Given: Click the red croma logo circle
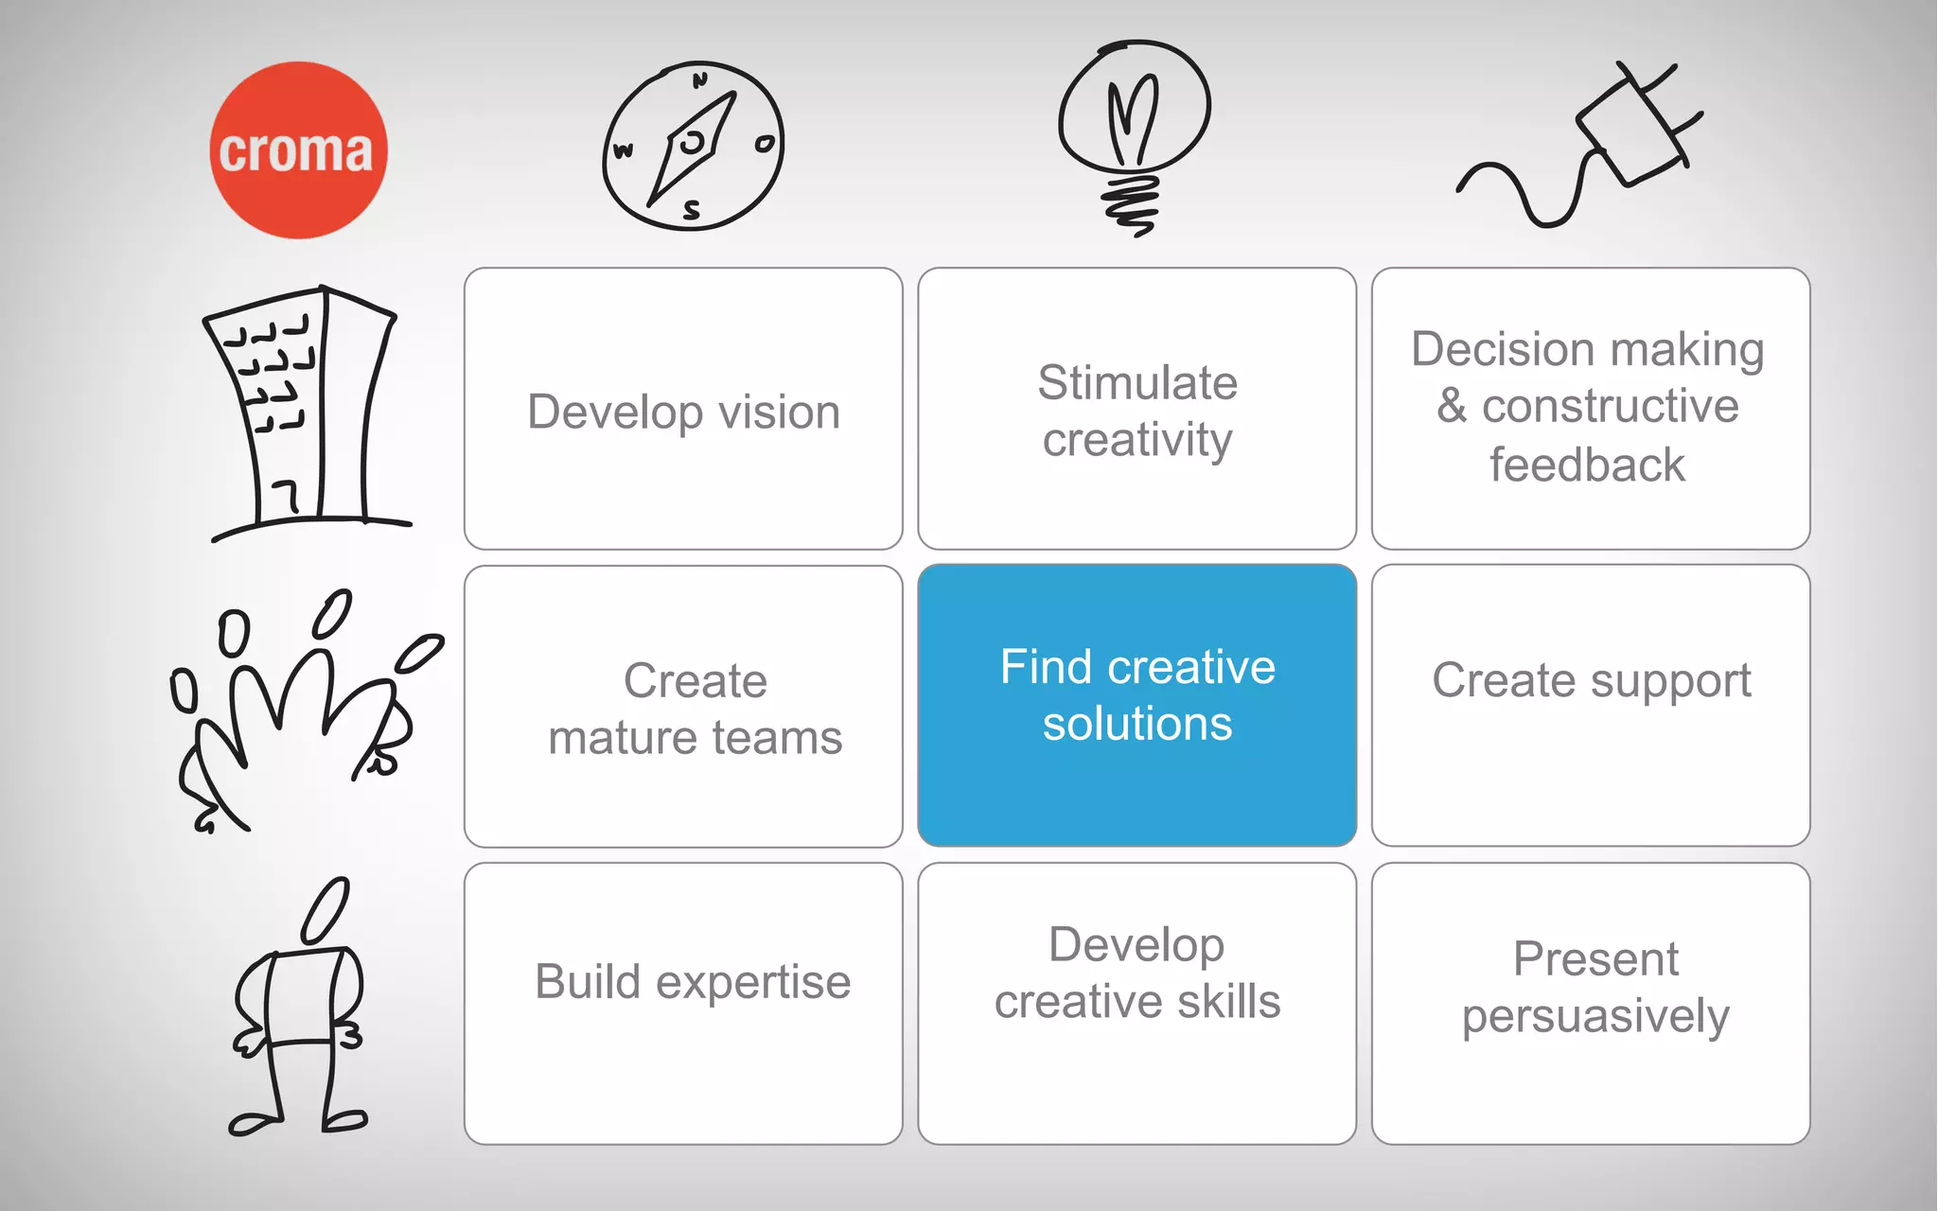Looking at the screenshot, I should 298,149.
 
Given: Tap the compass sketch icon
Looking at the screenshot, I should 693,146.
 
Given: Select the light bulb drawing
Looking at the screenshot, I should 1134,132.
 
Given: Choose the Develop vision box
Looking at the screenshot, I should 683,409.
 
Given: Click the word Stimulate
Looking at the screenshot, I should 1137,383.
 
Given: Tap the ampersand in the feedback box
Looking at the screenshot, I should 1452,406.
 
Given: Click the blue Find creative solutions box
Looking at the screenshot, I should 1137,705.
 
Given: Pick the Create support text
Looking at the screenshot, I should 1592,681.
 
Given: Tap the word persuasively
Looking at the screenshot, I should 1595,1017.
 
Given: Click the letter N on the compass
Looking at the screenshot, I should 700,80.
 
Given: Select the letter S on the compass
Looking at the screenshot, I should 692,210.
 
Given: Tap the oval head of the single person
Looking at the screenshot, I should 326,910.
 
